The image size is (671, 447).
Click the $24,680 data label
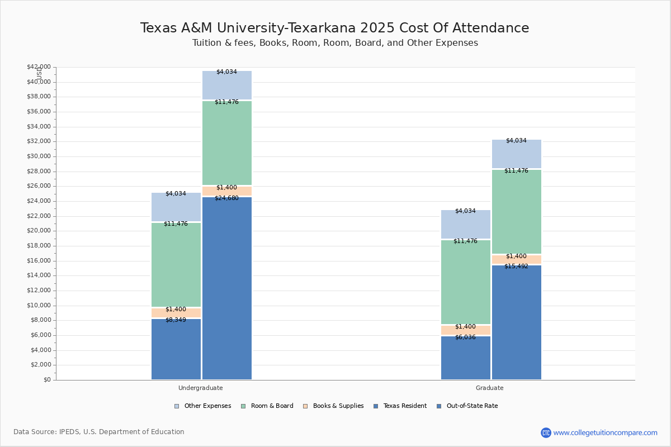point(226,198)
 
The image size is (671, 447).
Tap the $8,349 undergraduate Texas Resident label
point(176,320)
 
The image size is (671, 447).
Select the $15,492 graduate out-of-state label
point(516,266)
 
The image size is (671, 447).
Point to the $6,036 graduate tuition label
point(465,337)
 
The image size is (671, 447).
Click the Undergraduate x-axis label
point(201,388)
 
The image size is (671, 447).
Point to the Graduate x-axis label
point(490,388)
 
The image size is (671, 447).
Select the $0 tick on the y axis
point(46,380)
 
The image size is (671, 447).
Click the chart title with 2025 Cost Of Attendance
point(334,28)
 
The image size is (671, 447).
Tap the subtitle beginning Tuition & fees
point(334,43)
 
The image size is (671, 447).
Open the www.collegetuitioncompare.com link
point(605,432)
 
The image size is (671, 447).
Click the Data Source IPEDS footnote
point(99,432)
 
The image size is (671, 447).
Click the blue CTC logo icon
point(546,432)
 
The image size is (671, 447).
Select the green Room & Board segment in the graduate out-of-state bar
point(516,212)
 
